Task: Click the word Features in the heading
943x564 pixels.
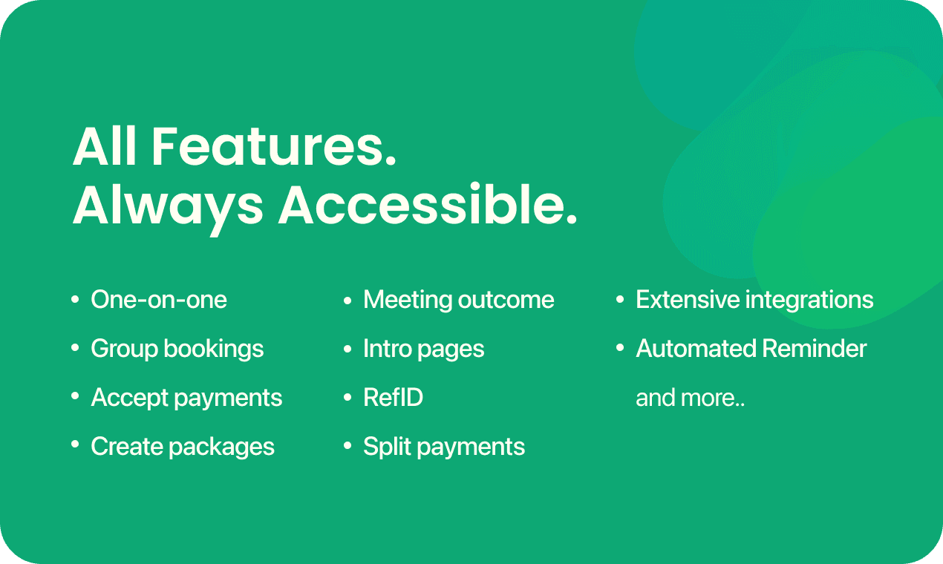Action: click(x=274, y=146)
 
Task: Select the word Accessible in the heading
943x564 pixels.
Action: click(x=427, y=205)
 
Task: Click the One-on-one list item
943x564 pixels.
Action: click(x=159, y=300)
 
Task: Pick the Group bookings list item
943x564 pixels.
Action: click(x=177, y=350)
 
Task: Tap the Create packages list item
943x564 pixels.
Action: click(x=183, y=447)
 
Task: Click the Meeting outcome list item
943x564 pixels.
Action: click(x=458, y=300)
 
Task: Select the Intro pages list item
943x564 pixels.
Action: click(x=423, y=350)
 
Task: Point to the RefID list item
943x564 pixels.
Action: click(x=394, y=397)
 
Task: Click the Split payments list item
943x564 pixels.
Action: click(x=444, y=447)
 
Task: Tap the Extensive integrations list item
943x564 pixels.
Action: click(x=754, y=300)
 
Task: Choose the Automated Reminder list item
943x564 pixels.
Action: click(x=751, y=349)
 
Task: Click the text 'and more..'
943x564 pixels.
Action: click(x=690, y=398)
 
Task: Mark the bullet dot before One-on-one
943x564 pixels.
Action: click(x=75, y=300)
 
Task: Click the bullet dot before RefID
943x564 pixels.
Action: click(x=347, y=397)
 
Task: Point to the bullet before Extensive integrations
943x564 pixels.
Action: click(x=620, y=300)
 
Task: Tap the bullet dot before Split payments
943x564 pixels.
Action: click(x=347, y=446)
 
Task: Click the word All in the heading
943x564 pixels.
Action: click(x=105, y=146)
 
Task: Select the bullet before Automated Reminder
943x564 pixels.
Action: click(x=620, y=349)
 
